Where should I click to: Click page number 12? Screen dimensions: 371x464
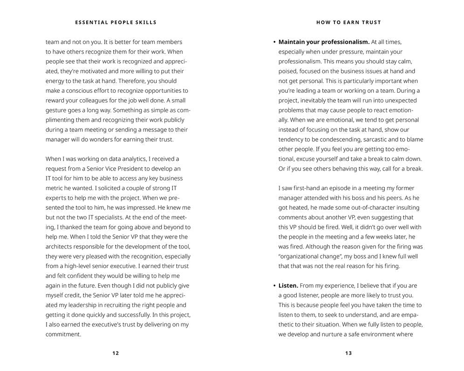116,353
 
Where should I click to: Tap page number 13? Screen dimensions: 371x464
348,353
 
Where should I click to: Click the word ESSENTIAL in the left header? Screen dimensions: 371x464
91,22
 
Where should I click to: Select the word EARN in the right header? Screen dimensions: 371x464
353,22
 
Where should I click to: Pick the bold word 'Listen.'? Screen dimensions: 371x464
288,286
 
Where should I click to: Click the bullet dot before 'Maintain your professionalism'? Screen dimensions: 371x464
274,42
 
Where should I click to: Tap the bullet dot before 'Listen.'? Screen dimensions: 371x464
274,286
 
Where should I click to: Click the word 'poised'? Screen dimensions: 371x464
288,71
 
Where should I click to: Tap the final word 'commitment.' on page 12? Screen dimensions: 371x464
63,334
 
